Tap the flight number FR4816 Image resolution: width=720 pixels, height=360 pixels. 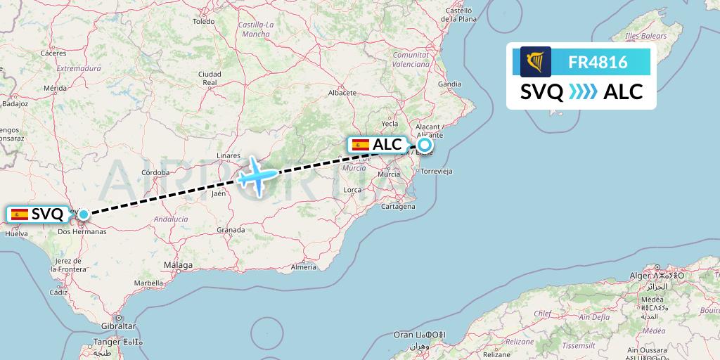tap(598, 62)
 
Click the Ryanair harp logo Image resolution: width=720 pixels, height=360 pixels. tap(535, 62)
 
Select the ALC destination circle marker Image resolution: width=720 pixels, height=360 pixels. tap(424, 145)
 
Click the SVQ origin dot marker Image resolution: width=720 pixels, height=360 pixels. tap(83, 214)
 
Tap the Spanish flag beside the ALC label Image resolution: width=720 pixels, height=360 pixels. tap(361, 145)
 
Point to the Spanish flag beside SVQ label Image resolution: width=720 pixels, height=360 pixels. tap(19, 214)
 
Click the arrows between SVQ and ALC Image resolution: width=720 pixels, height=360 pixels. tap(583, 91)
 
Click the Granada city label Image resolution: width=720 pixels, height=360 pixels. tap(231, 230)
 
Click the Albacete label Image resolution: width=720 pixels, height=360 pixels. tap(343, 92)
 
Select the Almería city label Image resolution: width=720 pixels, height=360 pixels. tap(303, 267)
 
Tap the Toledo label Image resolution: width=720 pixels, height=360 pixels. tap(203, 22)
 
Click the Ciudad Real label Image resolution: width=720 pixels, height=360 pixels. tap(210, 78)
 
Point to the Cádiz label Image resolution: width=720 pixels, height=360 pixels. tap(58, 292)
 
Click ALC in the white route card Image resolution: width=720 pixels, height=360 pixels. tap(623, 91)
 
